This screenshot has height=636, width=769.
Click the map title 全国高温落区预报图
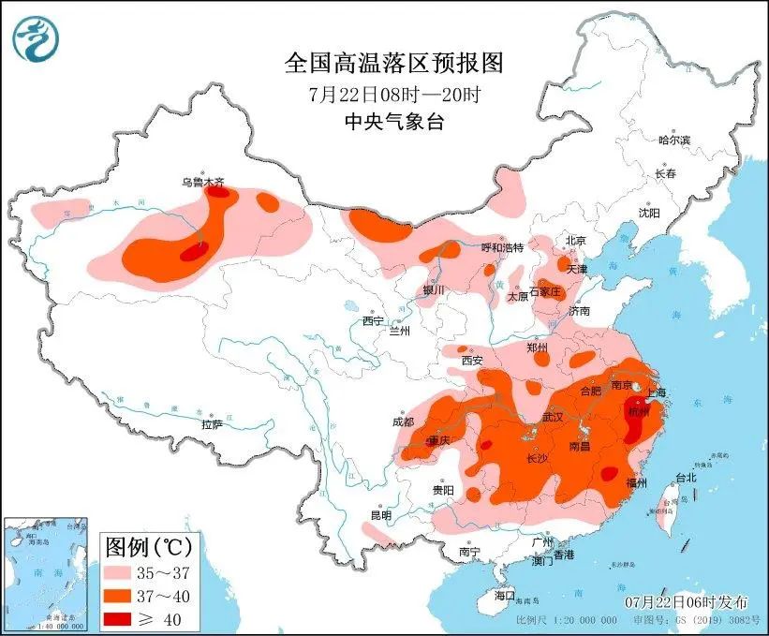tap(393, 63)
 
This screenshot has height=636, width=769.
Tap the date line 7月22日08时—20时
tap(393, 94)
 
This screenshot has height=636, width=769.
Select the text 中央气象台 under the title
tap(393, 121)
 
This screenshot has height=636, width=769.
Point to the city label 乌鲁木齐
tap(203, 183)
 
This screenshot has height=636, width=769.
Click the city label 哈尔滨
tap(673, 140)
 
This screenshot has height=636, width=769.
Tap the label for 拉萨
tap(212, 424)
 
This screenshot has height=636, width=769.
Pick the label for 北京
tap(574, 241)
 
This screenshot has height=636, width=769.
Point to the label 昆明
tap(380, 515)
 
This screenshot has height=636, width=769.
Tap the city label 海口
tap(505, 596)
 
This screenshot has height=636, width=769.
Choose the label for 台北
tap(685, 477)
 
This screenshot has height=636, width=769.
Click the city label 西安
tap(471, 360)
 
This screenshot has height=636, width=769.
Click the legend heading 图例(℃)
tap(149, 545)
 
